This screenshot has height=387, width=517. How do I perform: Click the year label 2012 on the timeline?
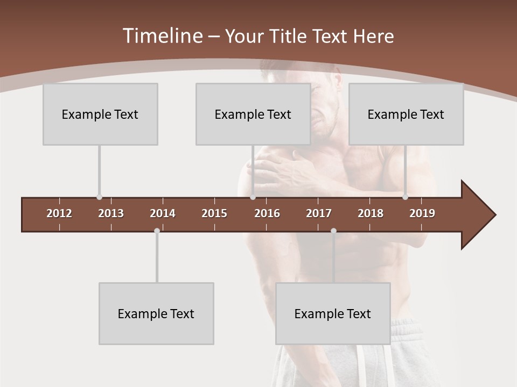pos(59,213)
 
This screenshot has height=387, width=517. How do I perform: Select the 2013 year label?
pos(111,213)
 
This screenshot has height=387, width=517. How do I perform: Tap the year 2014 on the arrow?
pos(163,213)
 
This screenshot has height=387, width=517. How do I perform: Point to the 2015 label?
pos(214,213)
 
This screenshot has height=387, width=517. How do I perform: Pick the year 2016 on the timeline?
pos(267,213)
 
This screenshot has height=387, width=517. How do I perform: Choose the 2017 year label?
pos(319,213)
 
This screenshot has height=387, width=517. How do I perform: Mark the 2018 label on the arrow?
pos(371,213)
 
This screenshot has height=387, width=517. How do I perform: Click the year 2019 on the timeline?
pos(422,213)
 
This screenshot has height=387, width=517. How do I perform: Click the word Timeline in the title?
pos(162,36)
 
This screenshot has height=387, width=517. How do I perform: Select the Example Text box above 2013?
pos(100,114)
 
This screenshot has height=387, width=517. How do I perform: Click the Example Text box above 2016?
pos(253,114)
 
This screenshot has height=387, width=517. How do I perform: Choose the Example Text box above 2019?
pos(406,114)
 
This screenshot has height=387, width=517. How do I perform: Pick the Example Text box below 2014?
pos(156,313)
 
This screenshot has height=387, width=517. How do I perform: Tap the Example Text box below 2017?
pos(333,313)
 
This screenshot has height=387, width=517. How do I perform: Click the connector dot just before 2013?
pos(99,197)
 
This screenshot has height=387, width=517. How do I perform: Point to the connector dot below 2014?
pos(157,231)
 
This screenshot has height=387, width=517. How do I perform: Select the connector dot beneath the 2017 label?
pos(333,231)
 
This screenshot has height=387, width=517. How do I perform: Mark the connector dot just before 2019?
pos(405,197)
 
